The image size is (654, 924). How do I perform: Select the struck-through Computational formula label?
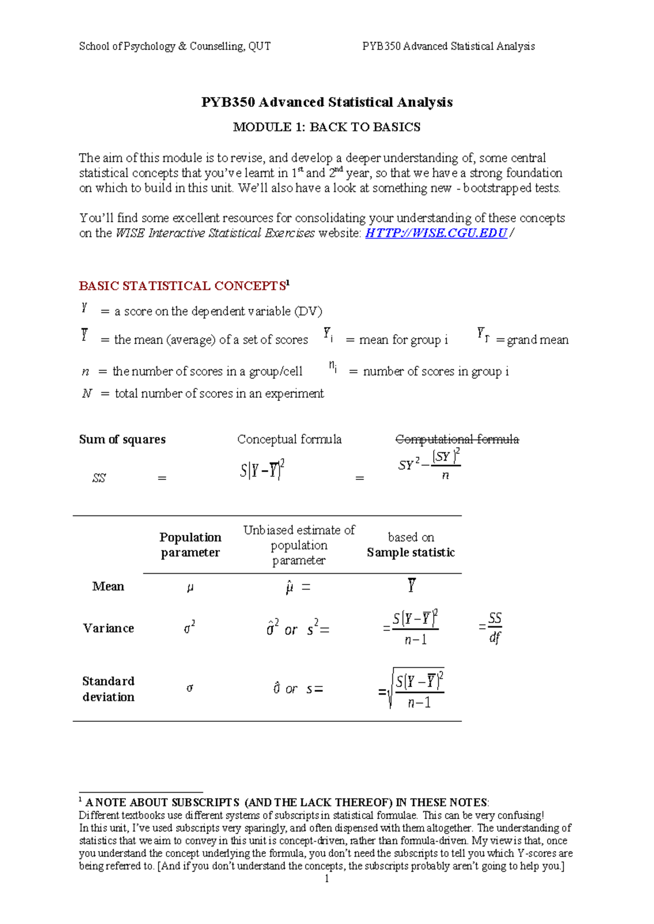[457, 439]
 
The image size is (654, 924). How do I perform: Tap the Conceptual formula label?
[289, 439]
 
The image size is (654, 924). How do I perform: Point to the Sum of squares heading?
[122, 439]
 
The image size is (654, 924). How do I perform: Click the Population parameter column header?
[190, 545]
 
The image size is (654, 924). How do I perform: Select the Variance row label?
[108, 628]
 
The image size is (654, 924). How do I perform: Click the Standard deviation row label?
[108, 689]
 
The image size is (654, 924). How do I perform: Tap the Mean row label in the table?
[108, 586]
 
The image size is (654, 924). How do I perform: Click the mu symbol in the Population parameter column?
[190, 587]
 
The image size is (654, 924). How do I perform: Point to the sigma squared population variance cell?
[189, 628]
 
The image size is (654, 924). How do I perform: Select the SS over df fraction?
[494, 628]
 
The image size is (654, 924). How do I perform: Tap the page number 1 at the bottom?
[326, 879]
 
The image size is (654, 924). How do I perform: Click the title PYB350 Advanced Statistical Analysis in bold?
[326, 102]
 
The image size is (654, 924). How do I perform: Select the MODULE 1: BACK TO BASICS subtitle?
[326, 127]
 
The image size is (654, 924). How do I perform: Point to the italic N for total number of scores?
[87, 393]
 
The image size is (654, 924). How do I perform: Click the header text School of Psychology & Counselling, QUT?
[174, 46]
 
